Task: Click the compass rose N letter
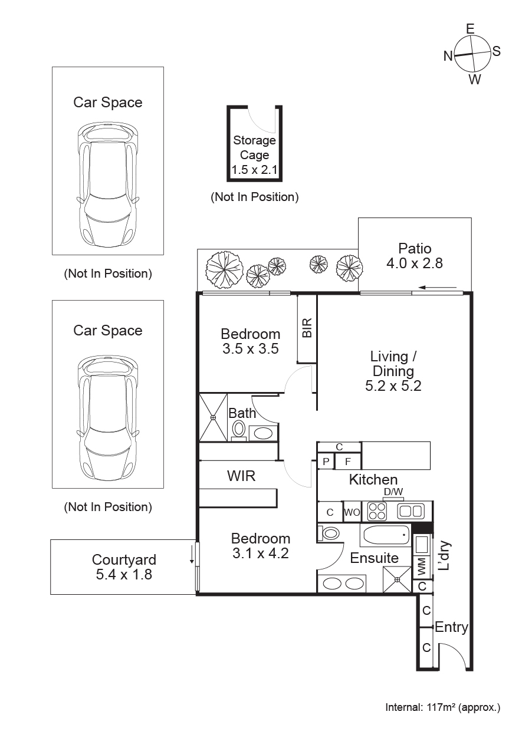(448, 56)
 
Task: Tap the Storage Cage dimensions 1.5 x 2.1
(254, 171)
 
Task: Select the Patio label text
(414, 248)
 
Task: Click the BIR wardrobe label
(307, 328)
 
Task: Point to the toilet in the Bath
(239, 428)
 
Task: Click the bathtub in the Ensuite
(385, 536)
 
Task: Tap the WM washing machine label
(421, 567)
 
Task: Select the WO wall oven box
(352, 512)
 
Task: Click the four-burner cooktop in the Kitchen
(376, 510)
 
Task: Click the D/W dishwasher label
(393, 492)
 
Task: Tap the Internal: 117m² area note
(442, 707)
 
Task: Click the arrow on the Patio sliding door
(438, 288)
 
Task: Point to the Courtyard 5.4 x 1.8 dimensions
(124, 574)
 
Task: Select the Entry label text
(451, 627)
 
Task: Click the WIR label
(241, 476)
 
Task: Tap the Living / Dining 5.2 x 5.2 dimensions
(392, 387)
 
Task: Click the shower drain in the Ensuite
(398, 579)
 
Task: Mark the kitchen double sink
(411, 510)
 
